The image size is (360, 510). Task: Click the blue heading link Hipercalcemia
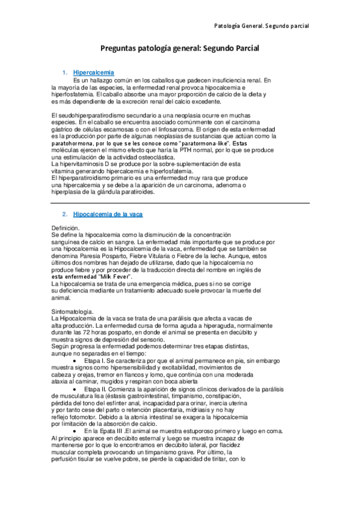pos(93,73)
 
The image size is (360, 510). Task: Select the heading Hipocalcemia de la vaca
pos(108,214)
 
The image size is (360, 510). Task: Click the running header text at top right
pos(261,26)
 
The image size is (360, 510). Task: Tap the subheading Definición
pos(66,229)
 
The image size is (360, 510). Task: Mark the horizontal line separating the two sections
pos(180,203)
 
